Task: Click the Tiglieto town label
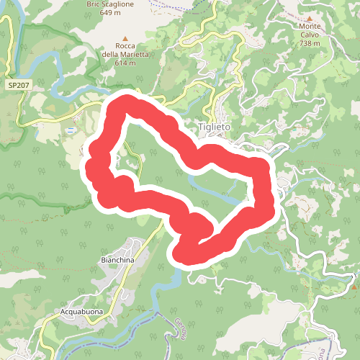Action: point(214,127)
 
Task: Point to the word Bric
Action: point(95,4)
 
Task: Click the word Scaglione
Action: point(121,4)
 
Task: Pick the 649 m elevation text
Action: point(111,12)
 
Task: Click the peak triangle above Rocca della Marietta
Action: point(125,37)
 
